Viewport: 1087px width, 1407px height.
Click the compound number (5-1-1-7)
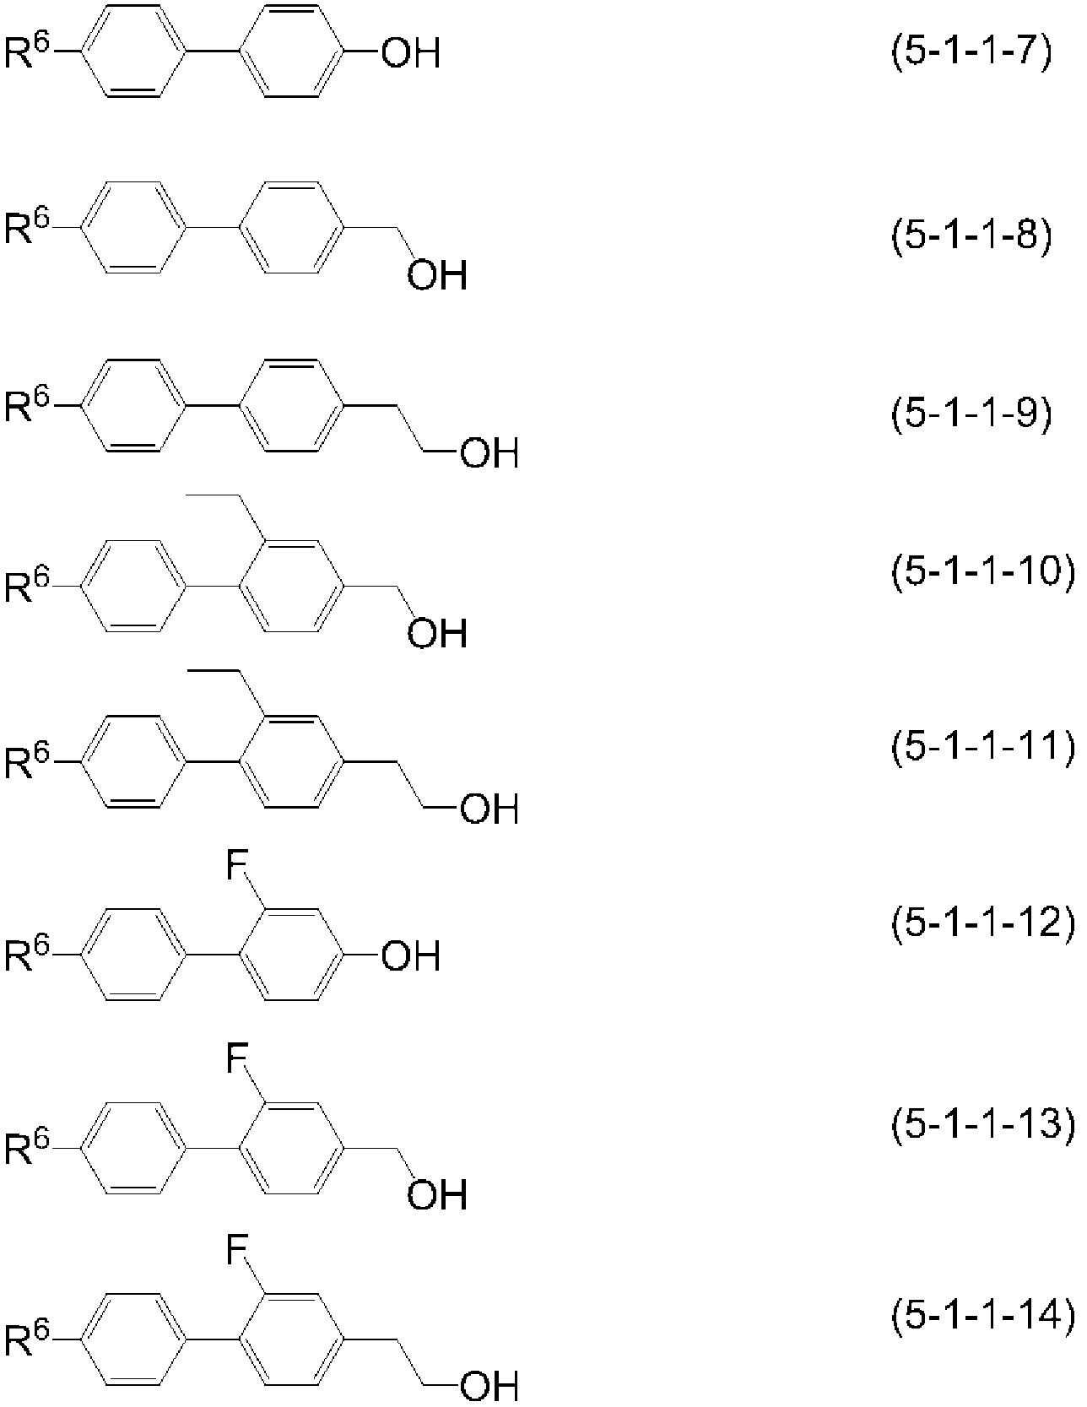tap(972, 56)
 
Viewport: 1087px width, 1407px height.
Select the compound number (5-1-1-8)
tap(972, 236)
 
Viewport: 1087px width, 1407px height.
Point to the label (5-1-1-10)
tap(984, 572)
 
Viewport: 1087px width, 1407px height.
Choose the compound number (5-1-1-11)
tap(984, 748)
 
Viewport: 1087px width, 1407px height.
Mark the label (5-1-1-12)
tap(984, 924)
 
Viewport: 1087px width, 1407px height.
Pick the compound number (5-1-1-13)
tap(984, 1125)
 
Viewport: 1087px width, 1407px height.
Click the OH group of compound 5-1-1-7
tap(410, 56)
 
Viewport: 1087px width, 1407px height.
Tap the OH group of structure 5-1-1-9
tap(488, 455)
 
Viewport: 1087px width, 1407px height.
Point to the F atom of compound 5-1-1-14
tap(237, 1252)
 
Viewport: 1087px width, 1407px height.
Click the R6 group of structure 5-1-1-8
tap(28, 227)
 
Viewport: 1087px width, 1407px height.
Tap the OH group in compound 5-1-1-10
tap(437, 632)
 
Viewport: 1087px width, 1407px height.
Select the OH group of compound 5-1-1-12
tap(410, 956)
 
